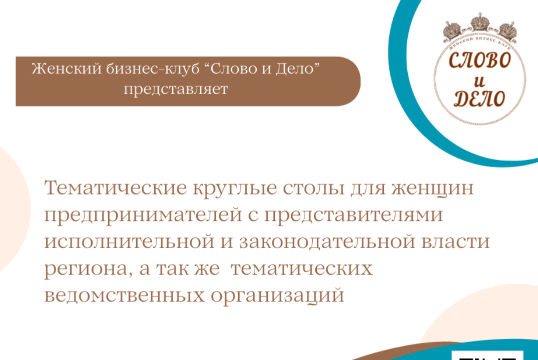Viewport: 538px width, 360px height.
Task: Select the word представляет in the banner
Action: pyautogui.click(x=175, y=89)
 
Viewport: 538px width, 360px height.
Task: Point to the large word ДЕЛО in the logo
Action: pyautogui.click(x=479, y=98)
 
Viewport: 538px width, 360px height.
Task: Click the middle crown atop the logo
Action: pyautogui.click(x=479, y=22)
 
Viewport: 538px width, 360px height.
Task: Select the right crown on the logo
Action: pyautogui.click(x=506, y=30)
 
